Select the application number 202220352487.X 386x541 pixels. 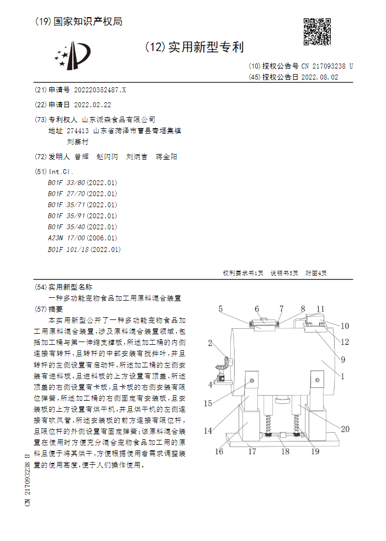pyautogui.click(x=100, y=90)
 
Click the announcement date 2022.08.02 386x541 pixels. pyautogui.click(x=320, y=77)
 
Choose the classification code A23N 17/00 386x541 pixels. pyautogui.click(x=82, y=238)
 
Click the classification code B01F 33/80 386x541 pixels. pyautogui.click(x=82, y=182)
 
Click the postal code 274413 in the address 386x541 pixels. pyautogui.click(x=77, y=131)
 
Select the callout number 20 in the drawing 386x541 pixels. pyautogui.click(x=345, y=429)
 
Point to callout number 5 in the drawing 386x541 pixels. pyautogui.click(x=220, y=309)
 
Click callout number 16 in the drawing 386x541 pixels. pyautogui.click(x=219, y=451)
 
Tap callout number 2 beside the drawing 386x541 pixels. pyautogui.click(x=210, y=344)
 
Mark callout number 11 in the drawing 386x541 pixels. pyautogui.click(x=321, y=309)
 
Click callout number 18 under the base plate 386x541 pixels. pyautogui.click(x=285, y=451)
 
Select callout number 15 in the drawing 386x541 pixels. pyautogui.click(x=208, y=403)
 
